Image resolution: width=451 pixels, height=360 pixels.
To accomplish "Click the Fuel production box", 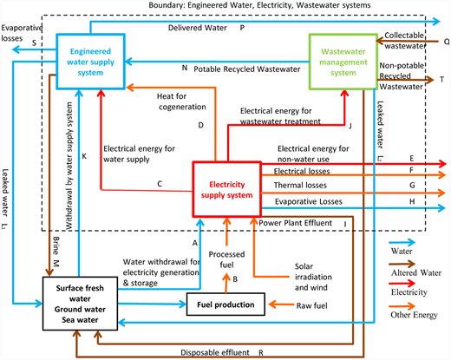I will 224,304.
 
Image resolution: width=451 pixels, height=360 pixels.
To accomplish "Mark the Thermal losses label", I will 301,184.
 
